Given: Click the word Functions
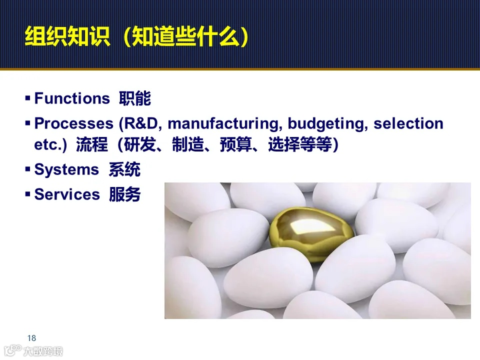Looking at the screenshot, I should click(x=71, y=98).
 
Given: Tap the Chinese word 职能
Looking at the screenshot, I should click(x=135, y=98).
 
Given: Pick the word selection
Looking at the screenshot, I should click(x=408, y=123).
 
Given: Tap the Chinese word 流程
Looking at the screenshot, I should click(x=92, y=145).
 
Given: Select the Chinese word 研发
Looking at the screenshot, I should click(x=132, y=145).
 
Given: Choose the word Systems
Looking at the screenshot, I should click(x=66, y=170).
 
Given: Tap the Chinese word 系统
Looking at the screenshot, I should click(x=124, y=170).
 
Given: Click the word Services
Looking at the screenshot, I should click(x=67, y=194).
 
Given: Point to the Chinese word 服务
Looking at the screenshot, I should click(x=125, y=194).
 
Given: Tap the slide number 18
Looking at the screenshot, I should click(x=32, y=338).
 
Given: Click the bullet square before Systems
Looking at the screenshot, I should click(x=28, y=169).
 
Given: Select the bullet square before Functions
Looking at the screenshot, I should click(x=28, y=98).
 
